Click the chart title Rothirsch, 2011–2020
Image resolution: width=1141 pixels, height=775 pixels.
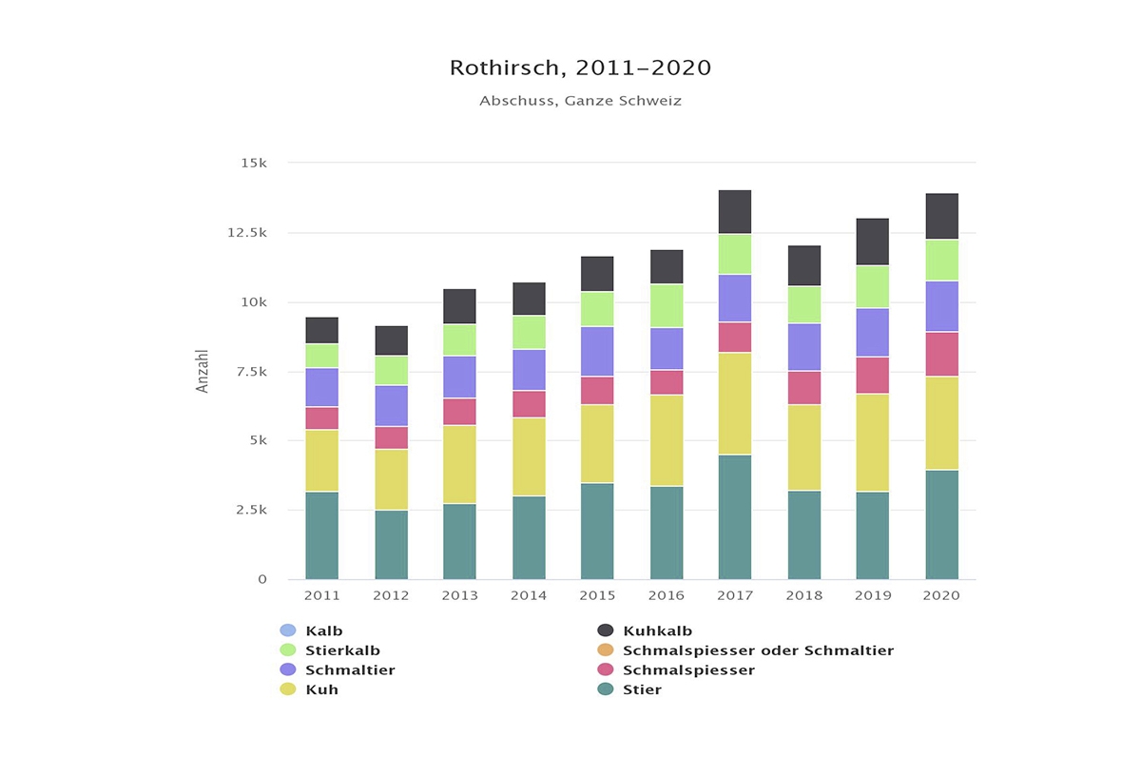[x=580, y=68]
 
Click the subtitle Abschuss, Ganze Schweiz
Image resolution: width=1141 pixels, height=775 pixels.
[x=580, y=101]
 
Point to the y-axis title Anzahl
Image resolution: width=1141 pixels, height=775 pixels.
[x=203, y=371]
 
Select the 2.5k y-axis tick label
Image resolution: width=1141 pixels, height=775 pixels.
[x=252, y=510]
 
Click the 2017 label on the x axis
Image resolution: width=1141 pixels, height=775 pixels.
[x=735, y=596]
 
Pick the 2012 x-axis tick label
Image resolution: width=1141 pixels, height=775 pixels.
[x=391, y=596]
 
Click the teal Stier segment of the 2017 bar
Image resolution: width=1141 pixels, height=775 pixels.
[x=735, y=517]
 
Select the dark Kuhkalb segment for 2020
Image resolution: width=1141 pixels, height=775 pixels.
[x=941, y=217]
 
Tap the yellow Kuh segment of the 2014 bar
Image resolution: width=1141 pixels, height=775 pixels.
[x=529, y=456]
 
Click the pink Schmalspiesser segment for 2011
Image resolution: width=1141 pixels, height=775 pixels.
[x=321, y=418]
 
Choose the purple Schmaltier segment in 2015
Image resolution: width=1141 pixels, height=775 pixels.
[x=597, y=352]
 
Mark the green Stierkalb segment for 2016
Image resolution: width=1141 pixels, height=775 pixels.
[x=667, y=306]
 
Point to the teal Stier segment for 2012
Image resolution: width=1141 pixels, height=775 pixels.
[x=391, y=545]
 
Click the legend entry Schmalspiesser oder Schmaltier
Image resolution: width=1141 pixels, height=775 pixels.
[x=758, y=650]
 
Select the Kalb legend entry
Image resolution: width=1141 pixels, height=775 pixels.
[x=324, y=630]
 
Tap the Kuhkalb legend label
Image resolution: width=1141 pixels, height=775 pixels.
[x=657, y=630]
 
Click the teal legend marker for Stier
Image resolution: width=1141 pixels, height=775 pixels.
[x=606, y=689]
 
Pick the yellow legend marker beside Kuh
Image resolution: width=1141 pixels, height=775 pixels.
[x=288, y=689]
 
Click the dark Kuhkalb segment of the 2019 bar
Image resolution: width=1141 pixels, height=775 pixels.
[x=873, y=242]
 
